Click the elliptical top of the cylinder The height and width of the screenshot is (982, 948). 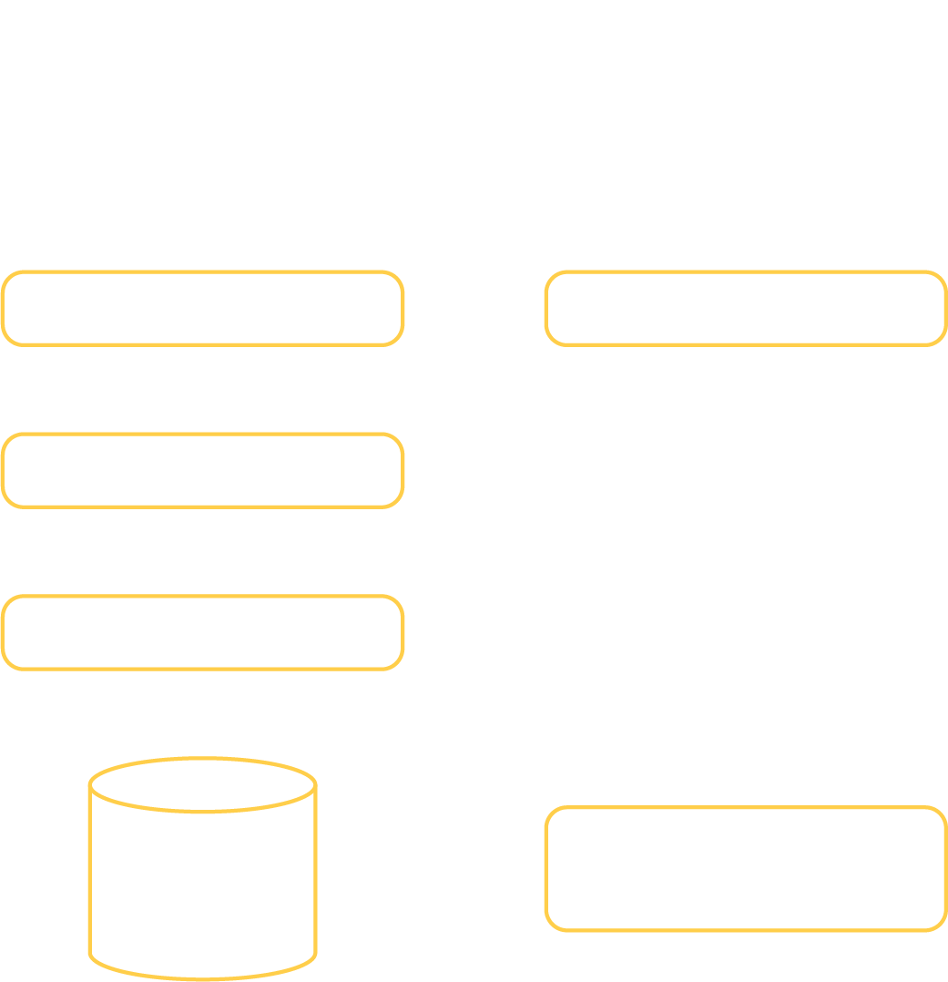pyautogui.click(x=202, y=783)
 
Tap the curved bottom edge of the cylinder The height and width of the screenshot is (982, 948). pyautogui.click(x=202, y=978)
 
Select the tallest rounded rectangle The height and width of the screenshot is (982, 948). pyautogui.click(x=746, y=868)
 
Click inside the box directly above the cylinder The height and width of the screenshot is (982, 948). pyautogui.click(x=202, y=632)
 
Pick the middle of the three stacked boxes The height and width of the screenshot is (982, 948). pyautogui.click(x=202, y=470)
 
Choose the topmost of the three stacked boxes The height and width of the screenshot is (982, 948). pyautogui.click(x=202, y=308)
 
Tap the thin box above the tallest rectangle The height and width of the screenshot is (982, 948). pyautogui.click(x=746, y=308)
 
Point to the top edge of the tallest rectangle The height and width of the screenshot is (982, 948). pyautogui.click(x=746, y=807)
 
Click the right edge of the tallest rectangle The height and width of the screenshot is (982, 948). pyautogui.click(x=946, y=868)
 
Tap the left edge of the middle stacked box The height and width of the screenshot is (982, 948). pyautogui.click(x=3, y=470)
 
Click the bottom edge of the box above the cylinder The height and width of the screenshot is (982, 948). pyautogui.click(x=202, y=669)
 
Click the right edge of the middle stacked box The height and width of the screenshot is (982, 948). pyautogui.click(x=403, y=470)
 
